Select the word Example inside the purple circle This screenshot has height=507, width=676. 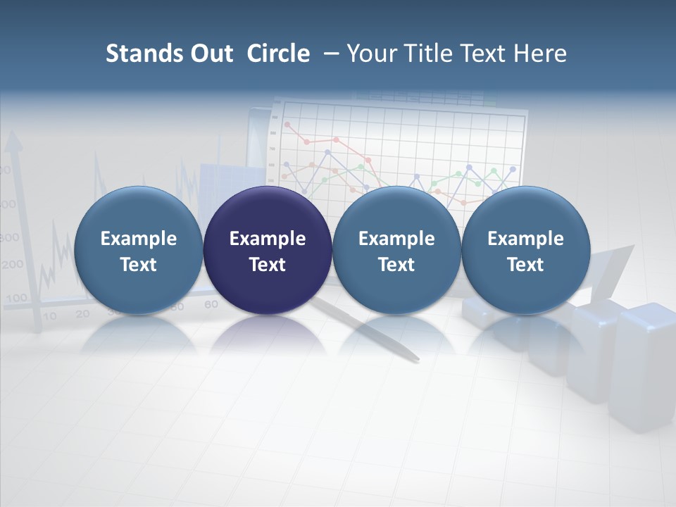[268, 239]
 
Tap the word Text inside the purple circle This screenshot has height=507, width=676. [268, 265]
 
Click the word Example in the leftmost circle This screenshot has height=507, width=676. [139, 239]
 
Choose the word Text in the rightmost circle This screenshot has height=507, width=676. [525, 265]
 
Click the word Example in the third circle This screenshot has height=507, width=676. [396, 239]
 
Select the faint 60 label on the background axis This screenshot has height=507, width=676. [211, 304]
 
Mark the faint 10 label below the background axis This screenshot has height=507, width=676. [49, 316]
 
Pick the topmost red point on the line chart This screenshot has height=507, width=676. [287, 125]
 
